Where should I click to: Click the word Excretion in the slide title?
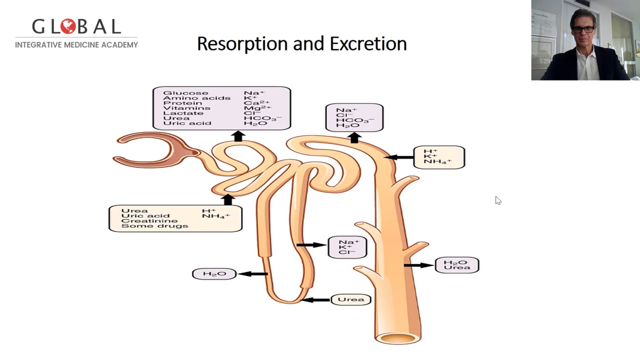368,44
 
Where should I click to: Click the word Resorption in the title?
242,44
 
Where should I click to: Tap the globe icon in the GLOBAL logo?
68,26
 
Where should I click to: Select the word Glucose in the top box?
186,93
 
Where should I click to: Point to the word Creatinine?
149,221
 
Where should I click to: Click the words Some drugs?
155,226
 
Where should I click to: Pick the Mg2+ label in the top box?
257,108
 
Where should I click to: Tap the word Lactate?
183,113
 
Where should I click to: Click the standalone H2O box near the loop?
214,274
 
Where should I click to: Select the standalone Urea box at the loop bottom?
351,299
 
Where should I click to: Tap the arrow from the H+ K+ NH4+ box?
399,157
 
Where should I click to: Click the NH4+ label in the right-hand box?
438,162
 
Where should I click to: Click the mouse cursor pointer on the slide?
498,200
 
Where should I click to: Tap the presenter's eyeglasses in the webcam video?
583,29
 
